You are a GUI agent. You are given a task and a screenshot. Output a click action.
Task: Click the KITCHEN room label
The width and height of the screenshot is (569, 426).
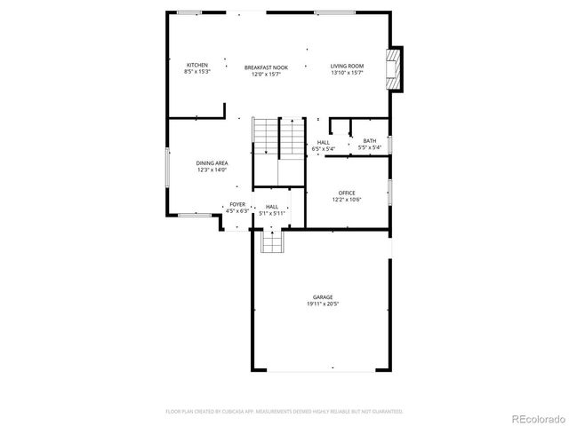197,65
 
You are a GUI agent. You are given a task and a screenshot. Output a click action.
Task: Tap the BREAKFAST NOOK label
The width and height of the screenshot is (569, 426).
267,67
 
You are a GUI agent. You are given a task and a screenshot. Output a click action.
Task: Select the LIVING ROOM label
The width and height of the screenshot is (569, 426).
348,66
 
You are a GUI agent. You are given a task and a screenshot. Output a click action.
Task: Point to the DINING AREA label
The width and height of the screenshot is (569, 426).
212,163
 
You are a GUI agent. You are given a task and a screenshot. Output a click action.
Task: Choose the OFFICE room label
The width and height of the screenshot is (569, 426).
347,193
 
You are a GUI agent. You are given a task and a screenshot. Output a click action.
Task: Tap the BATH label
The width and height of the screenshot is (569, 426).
369,141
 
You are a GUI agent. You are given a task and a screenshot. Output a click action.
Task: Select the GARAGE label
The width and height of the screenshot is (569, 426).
323,296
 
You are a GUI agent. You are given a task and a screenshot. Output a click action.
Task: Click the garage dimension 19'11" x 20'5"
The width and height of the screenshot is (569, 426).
323,304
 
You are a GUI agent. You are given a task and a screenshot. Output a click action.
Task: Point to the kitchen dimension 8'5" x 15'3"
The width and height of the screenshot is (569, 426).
197,71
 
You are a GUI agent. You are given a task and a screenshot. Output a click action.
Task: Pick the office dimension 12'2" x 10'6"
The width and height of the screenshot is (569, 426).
347,200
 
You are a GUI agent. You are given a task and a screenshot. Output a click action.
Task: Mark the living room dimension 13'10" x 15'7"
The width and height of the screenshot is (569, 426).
348,72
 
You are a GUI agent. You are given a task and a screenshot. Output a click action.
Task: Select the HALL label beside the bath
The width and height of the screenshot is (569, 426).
324,142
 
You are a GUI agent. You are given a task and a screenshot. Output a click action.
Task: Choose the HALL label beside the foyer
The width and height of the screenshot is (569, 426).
271,207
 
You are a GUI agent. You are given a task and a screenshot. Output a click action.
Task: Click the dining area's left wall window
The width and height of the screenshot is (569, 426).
167,166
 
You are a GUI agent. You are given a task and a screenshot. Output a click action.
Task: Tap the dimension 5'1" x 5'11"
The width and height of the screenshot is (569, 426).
271,213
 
